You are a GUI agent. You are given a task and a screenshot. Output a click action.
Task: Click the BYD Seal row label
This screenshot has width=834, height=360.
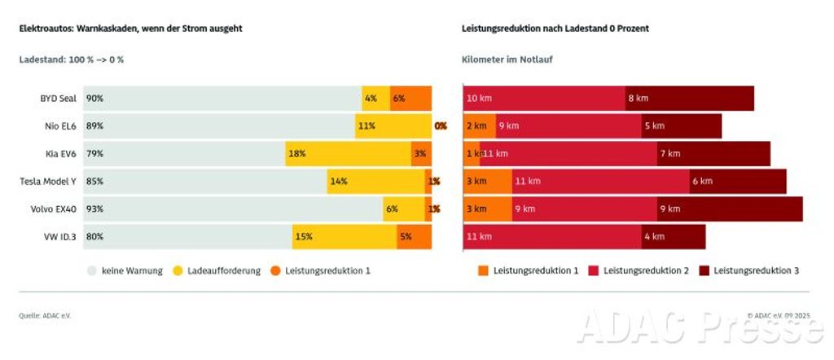58,99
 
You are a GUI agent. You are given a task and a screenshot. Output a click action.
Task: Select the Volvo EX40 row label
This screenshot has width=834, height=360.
54,209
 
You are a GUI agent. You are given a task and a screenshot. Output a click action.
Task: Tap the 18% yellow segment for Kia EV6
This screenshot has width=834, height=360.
348,154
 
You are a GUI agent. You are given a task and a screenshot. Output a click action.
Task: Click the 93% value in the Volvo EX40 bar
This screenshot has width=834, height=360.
94,209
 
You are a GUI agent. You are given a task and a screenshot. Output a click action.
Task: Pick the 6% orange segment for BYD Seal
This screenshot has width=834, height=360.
410,99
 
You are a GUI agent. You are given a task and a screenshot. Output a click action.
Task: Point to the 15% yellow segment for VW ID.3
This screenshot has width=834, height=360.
345,237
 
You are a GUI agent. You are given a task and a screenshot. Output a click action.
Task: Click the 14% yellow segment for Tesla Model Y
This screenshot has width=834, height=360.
375,182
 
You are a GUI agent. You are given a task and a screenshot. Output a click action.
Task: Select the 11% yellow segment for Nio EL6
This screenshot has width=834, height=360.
393,126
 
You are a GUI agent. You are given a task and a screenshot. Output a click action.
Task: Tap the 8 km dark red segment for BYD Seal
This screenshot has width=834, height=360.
689,99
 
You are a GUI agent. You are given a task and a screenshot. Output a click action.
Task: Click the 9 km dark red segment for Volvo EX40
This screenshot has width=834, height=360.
729,209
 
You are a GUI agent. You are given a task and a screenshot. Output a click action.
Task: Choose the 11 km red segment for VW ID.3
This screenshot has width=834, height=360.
551,237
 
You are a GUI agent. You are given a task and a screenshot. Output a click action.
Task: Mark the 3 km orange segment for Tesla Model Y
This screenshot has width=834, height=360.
487,182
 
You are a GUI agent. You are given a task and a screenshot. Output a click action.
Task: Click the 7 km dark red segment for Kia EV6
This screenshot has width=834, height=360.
713,154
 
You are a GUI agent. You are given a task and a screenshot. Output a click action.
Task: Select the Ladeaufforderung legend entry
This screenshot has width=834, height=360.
216,270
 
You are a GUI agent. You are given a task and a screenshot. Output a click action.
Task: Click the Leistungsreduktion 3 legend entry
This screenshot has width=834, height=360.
748,270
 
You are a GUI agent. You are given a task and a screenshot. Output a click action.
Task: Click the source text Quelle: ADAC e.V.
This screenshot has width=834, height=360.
45,315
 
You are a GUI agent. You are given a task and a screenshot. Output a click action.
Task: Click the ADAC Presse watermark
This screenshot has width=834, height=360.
700,327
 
